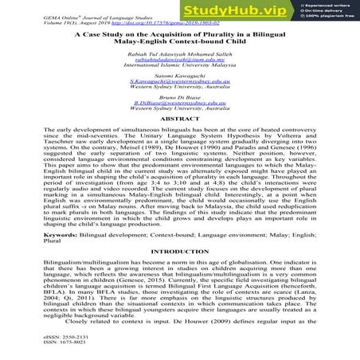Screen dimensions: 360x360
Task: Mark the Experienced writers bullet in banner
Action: point(327,6)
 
